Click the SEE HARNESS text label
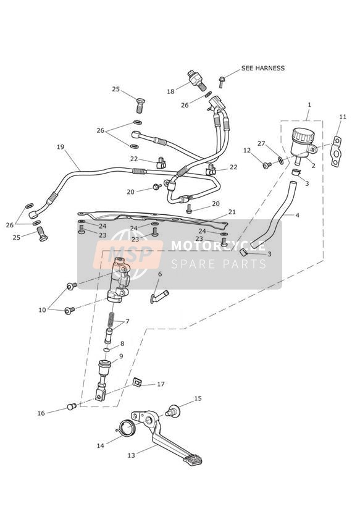click(262, 68)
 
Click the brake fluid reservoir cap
click(302, 135)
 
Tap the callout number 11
click(343, 117)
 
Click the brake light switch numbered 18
click(196, 80)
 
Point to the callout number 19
click(61, 147)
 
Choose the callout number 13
click(131, 455)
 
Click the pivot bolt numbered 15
click(174, 411)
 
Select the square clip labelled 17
click(138, 382)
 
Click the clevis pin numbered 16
click(72, 406)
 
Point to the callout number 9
click(121, 356)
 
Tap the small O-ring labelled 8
click(106, 350)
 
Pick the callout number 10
click(42, 310)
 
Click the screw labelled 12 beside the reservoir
click(267, 165)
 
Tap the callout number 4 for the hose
click(297, 215)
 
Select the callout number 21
click(232, 212)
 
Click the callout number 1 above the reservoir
click(309, 105)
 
